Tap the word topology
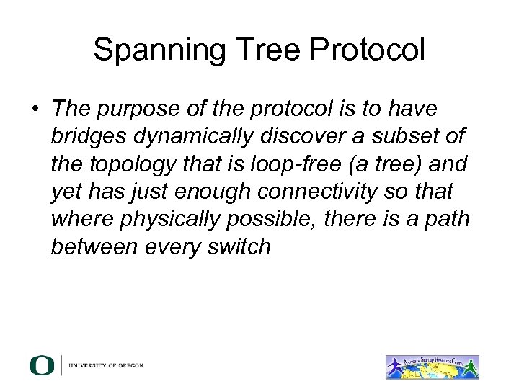pyautogui.click(x=133, y=164)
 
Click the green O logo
pyautogui.click(x=43, y=365)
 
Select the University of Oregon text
pyautogui.click(x=106, y=366)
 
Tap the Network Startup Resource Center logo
pyautogui.click(x=432, y=367)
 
